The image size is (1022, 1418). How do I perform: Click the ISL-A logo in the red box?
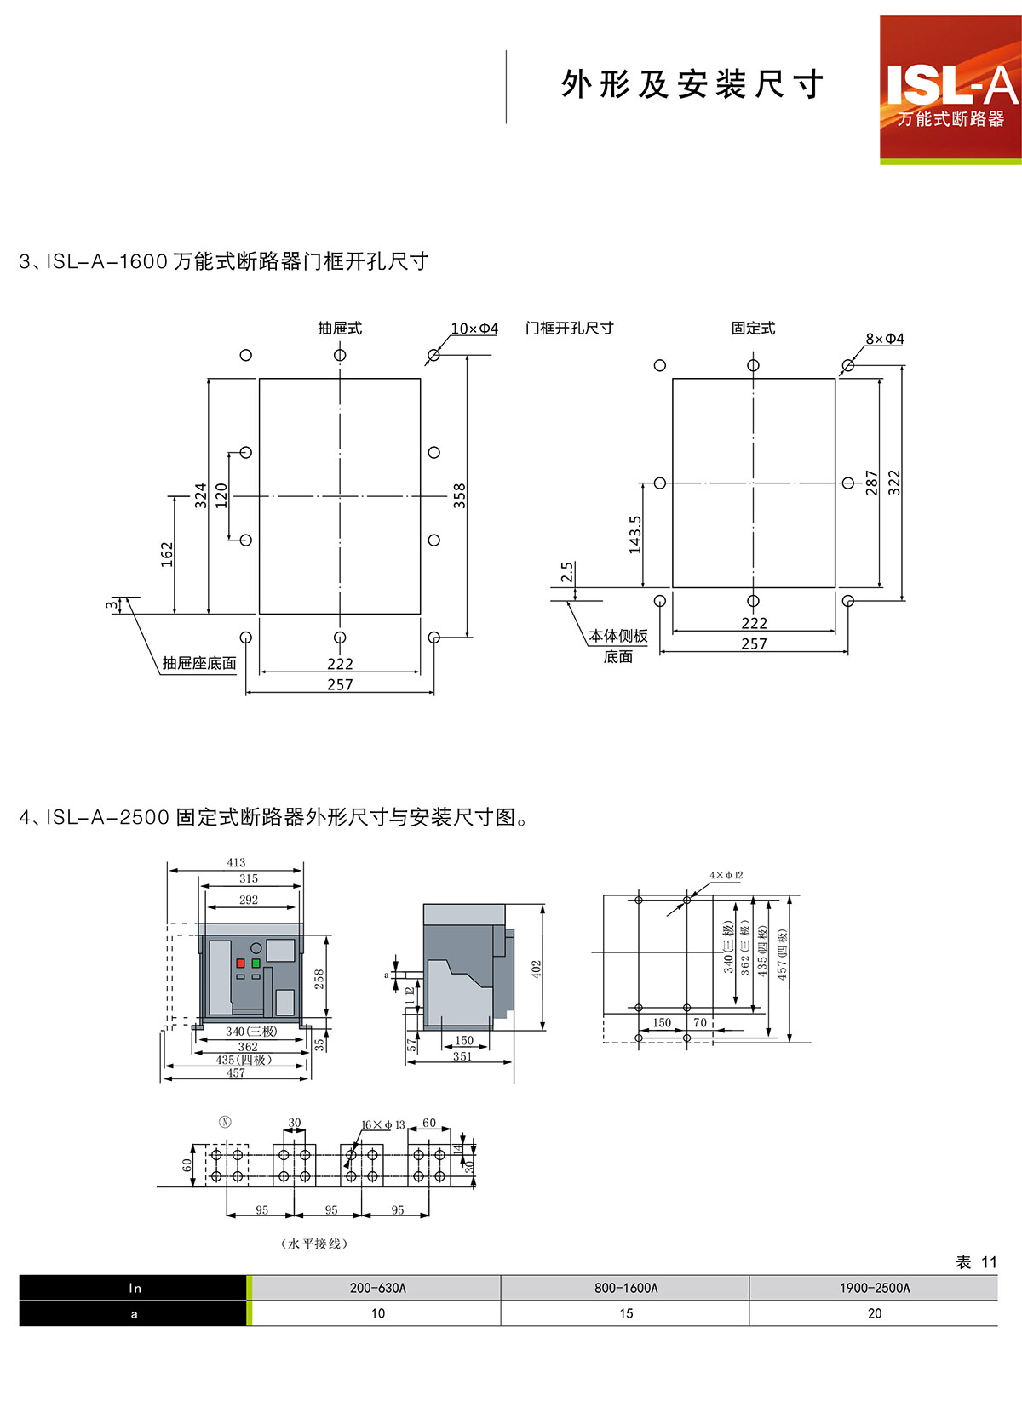click(950, 89)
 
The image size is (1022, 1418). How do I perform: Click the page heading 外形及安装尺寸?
click(692, 84)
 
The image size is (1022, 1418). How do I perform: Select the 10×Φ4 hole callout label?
click(474, 329)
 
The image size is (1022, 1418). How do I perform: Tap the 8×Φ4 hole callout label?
click(885, 339)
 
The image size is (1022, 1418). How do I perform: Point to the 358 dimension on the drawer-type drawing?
click(460, 495)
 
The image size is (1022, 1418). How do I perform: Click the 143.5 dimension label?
click(635, 535)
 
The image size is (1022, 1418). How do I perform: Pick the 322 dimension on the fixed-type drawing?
click(893, 483)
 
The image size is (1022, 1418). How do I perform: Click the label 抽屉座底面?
click(199, 663)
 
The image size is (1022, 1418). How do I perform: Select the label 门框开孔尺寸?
click(569, 329)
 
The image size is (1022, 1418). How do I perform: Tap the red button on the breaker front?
click(241, 963)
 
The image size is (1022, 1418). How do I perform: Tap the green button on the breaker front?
click(255, 963)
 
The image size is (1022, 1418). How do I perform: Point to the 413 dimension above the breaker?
click(236, 862)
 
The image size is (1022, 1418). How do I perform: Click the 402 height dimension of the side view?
click(537, 969)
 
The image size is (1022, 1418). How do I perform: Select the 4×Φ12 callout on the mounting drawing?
click(726, 875)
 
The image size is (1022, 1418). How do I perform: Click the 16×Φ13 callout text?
click(383, 1124)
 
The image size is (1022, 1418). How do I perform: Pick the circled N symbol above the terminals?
click(225, 1122)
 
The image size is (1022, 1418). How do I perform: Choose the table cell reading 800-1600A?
click(626, 1288)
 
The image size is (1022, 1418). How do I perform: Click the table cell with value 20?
click(875, 1313)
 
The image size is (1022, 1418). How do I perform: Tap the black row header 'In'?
click(135, 1288)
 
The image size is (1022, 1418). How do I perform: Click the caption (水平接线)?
click(314, 1244)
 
